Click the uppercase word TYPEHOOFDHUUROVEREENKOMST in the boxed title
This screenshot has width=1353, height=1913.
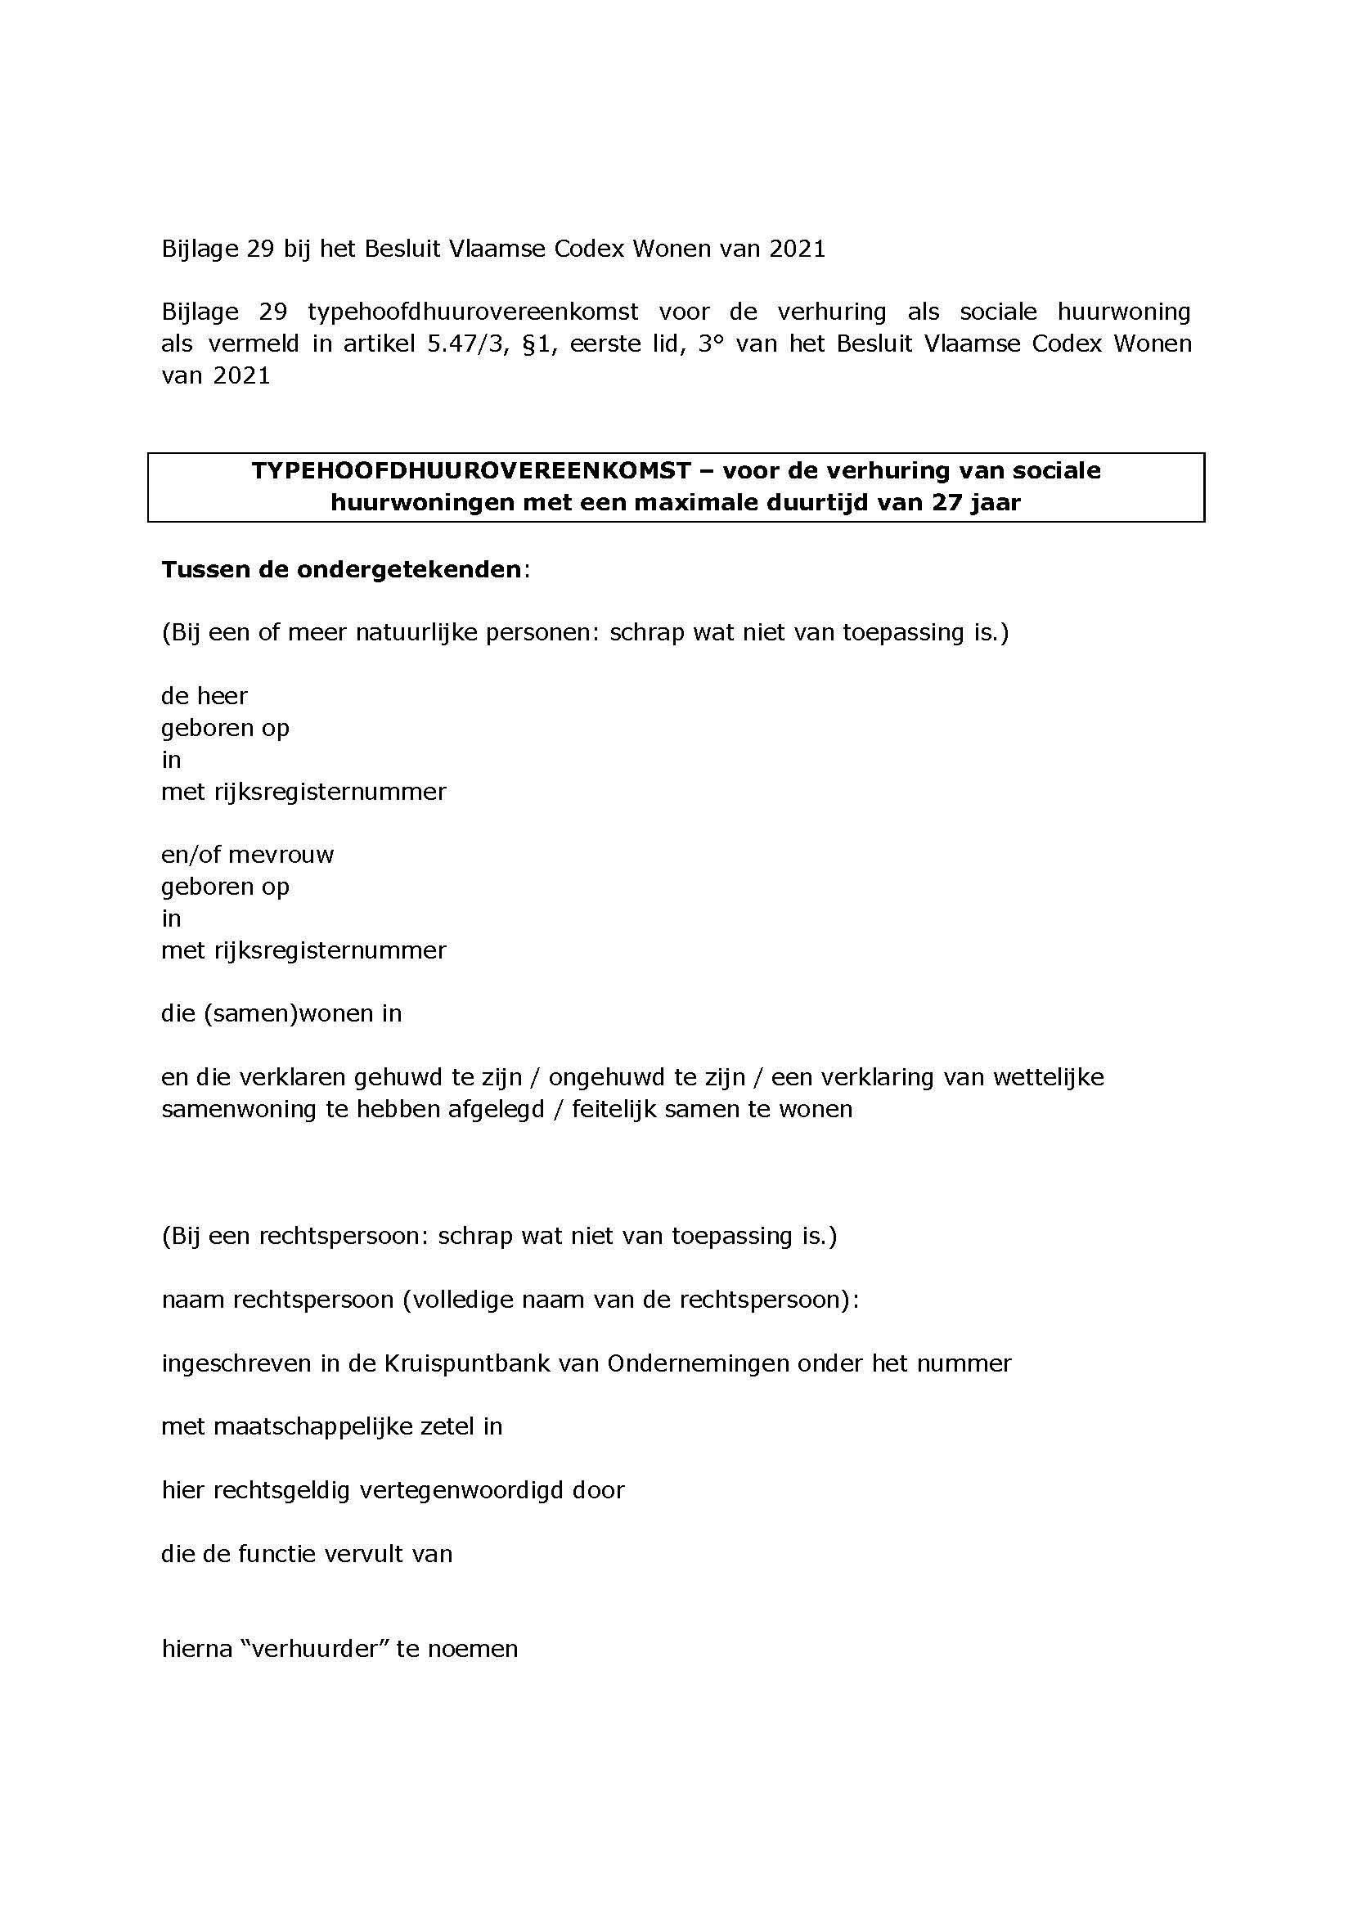(471, 471)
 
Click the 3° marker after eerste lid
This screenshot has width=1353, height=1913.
(709, 344)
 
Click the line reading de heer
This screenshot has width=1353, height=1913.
(205, 696)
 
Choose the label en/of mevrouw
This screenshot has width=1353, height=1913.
(247, 855)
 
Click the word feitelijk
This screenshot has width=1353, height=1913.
(617, 1109)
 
